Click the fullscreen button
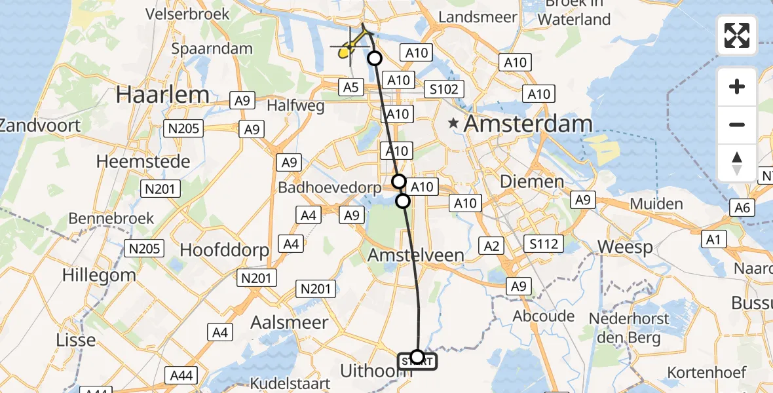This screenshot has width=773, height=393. tap(737, 35)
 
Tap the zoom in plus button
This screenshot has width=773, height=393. tap(737, 86)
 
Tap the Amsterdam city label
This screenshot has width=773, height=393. tap(529, 123)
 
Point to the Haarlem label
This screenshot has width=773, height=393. tap(162, 95)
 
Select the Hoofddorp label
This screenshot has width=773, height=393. tap(225, 250)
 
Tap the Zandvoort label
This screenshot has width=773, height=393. tap(39, 125)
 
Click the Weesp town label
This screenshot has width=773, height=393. tap(625, 248)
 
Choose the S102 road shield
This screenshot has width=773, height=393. tap(443, 89)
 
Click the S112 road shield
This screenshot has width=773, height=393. tap(544, 244)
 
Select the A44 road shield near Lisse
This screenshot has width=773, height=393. tap(181, 375)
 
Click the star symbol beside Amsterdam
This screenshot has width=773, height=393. tap(453, 123)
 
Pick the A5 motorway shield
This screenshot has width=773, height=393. tap(350, 87)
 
